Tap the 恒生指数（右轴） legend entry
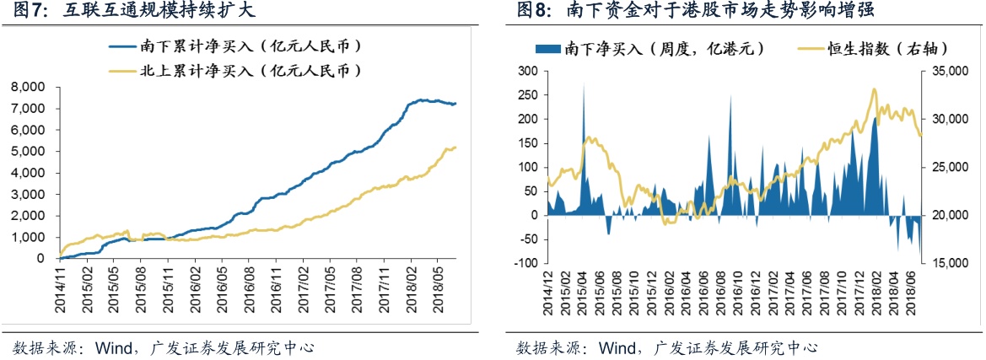click(x=857, y=49)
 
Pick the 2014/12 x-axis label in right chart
click(x=549, y=291)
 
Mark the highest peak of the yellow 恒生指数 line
click(x=874, y=89)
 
